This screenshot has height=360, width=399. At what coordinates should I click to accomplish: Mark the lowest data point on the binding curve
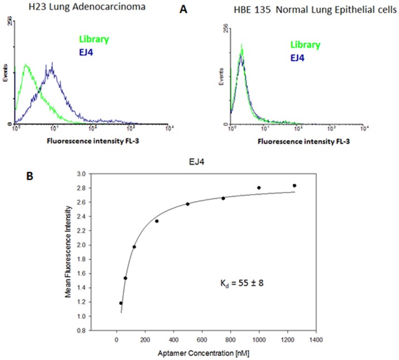point(121,303)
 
